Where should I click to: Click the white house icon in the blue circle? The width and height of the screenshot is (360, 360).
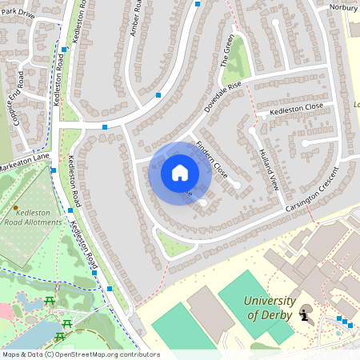pyautogui.click(x=180, y=172)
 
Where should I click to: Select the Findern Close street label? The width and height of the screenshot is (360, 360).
pyautogui.click(x=212, y=158)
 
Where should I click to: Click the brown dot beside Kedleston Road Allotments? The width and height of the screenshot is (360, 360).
pyautogui.click(x=15, y=207)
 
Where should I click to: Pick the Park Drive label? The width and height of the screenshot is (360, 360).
pyautogui.click(x=18, y=13)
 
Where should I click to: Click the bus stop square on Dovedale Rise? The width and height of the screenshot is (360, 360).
pyautogui.click(x=158, y=95)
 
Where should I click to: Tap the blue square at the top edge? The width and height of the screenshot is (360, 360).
pyautogui.click(x=198, y=4)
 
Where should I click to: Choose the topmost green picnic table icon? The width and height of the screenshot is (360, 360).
pyautogui.click(x=50, y=300)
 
